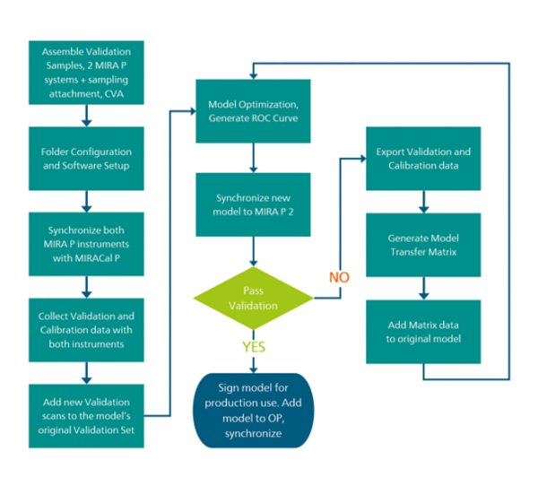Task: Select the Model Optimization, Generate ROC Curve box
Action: tap(254, 110)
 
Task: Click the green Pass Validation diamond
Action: tap(254, 299)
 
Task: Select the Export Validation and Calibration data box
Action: tap(422, 157)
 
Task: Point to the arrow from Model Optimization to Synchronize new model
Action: tap(254, 158)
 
